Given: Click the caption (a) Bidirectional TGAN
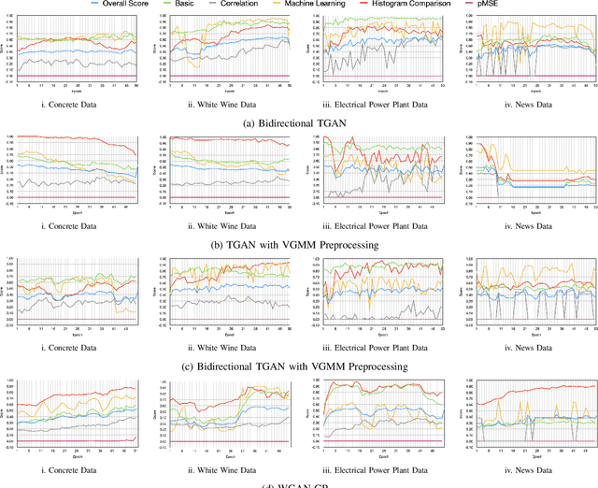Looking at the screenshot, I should coord(298,122).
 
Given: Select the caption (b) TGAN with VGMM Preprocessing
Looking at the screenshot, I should coord(298,244).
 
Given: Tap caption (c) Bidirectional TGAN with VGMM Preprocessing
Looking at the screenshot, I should coord(298,366).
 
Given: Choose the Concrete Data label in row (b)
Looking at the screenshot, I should coord(78,225).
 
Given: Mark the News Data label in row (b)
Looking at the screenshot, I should coord(523,225).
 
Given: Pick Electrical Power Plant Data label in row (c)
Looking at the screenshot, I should coord(373,347).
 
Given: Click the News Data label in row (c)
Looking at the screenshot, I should coord(523,347).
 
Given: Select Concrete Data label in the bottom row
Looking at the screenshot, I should coord(78,467).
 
